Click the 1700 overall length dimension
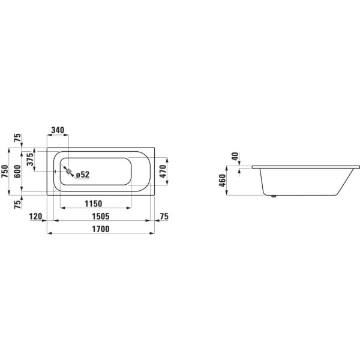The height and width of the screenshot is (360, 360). [x=101, y=229]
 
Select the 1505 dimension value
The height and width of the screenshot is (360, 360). [x=101, y=216]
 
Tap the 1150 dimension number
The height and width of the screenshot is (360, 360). [x=94, y=203]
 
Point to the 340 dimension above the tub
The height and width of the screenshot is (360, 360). [x=58, y=130]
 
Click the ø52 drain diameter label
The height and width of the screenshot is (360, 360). [x=83, y=175]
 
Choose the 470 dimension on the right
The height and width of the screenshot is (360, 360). [x=163, y=171]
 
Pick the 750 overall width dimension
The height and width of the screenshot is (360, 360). [x=5, y=171]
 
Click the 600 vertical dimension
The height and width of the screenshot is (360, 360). [x=17, y=171]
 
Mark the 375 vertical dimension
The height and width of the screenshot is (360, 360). [x=30, y=160]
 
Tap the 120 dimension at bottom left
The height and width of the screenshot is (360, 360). [x=36, y=216]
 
